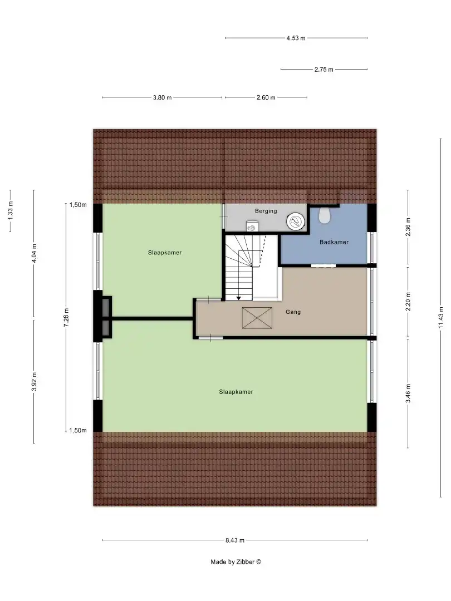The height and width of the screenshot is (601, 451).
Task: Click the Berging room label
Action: pos(266,211)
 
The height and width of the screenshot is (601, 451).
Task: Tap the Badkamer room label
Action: pos(334,242)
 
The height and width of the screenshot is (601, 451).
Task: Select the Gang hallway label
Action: pos(293,312)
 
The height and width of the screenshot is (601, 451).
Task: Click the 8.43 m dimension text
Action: pos(235,540)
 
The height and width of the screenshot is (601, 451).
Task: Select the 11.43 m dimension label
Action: pos(441,318)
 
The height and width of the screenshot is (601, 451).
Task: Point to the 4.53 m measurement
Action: pos(296,38)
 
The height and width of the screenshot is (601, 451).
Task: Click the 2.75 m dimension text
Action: pos(323,69)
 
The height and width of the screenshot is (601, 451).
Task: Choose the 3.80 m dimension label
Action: pos(162,97)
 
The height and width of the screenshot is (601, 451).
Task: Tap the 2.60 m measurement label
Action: pos(266,97)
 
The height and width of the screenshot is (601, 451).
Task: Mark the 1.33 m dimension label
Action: pos(11,209)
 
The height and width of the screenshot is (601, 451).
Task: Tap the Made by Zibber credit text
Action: pos(236,561)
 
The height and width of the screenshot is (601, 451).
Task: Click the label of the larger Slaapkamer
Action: pos(236,392)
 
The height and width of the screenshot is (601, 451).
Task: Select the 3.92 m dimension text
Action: pos(34,381)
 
